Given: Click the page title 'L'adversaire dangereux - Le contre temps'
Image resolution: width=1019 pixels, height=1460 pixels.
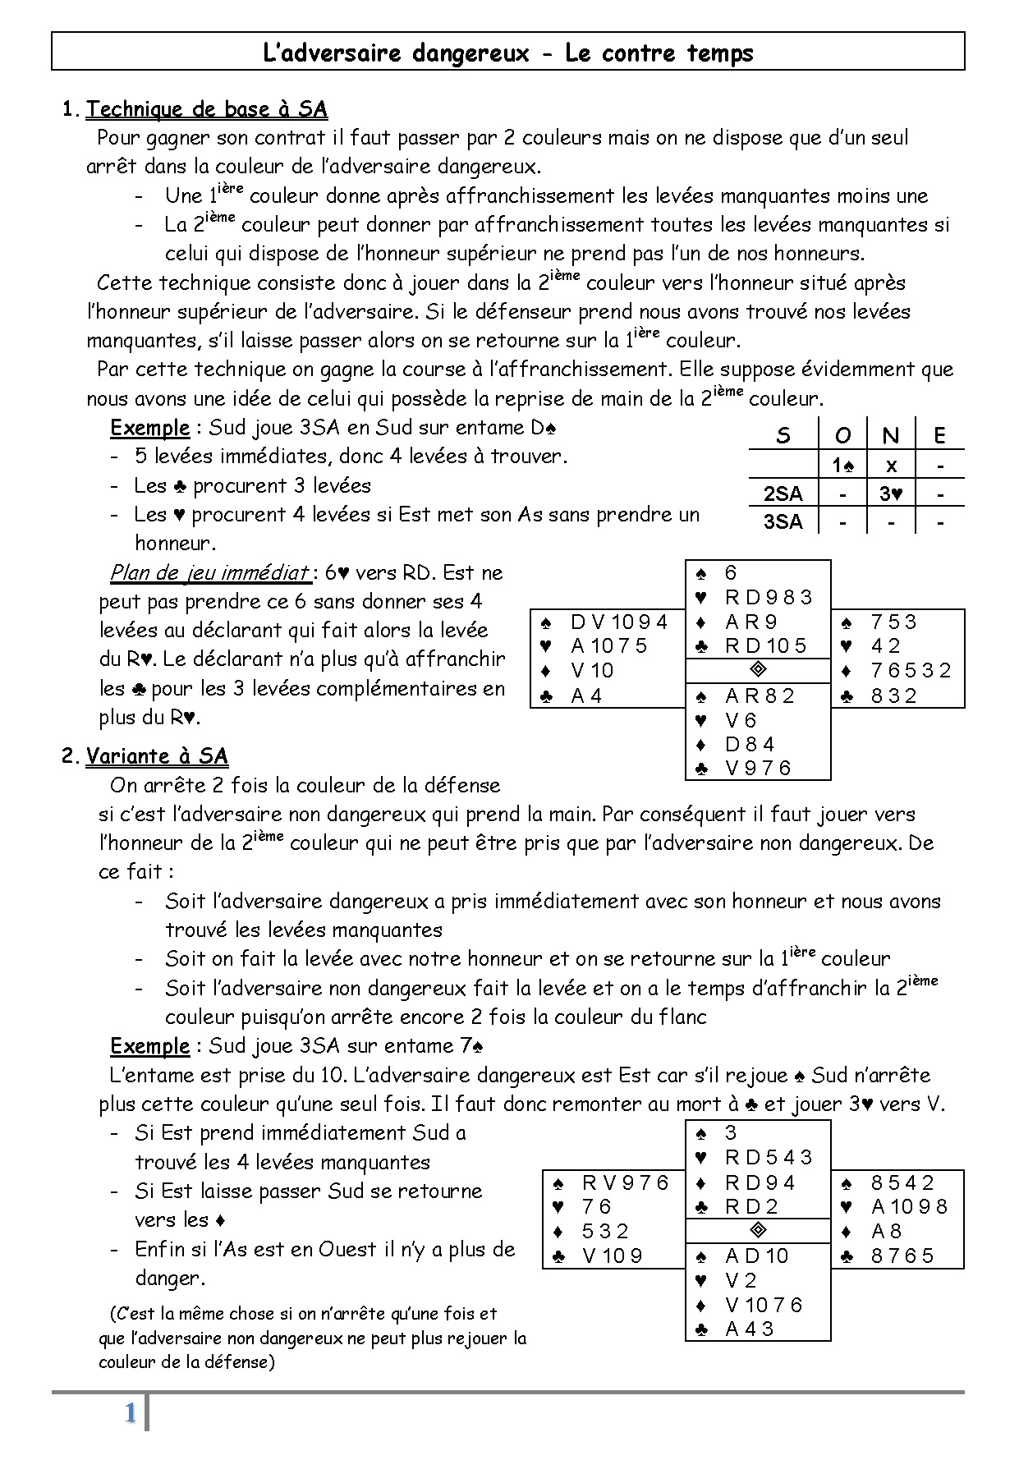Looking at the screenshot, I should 507,53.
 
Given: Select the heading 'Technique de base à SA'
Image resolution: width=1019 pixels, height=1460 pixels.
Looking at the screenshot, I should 207,109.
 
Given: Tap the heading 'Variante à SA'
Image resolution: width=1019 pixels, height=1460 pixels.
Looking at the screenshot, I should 157,756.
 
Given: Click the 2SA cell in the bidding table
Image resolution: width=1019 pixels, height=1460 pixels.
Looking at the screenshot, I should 783,494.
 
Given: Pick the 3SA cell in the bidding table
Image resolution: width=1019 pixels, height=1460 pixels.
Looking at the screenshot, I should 783,521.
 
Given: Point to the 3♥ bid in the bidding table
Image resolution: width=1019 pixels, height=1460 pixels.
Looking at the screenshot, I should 890,494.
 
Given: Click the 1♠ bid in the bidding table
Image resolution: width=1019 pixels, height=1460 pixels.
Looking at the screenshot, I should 842,466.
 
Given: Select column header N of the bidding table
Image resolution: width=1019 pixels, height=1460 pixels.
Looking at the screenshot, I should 890,435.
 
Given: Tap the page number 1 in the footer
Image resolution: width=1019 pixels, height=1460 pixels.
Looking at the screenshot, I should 130,1414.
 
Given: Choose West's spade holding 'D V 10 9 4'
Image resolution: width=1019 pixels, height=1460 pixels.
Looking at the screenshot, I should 619,622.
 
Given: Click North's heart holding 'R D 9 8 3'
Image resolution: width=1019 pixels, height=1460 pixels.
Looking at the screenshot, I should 769,597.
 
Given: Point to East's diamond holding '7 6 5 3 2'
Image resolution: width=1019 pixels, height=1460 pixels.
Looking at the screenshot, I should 911,671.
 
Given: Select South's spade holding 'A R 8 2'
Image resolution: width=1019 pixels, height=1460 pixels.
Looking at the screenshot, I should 760,696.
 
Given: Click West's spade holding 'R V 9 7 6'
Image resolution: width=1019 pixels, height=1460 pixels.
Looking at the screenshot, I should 626,1183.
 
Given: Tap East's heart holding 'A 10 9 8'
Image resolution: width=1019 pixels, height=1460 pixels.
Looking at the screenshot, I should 909,1207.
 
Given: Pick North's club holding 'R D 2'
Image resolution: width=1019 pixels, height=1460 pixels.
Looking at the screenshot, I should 751,1207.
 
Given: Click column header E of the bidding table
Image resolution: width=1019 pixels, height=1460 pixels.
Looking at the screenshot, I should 939,435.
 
